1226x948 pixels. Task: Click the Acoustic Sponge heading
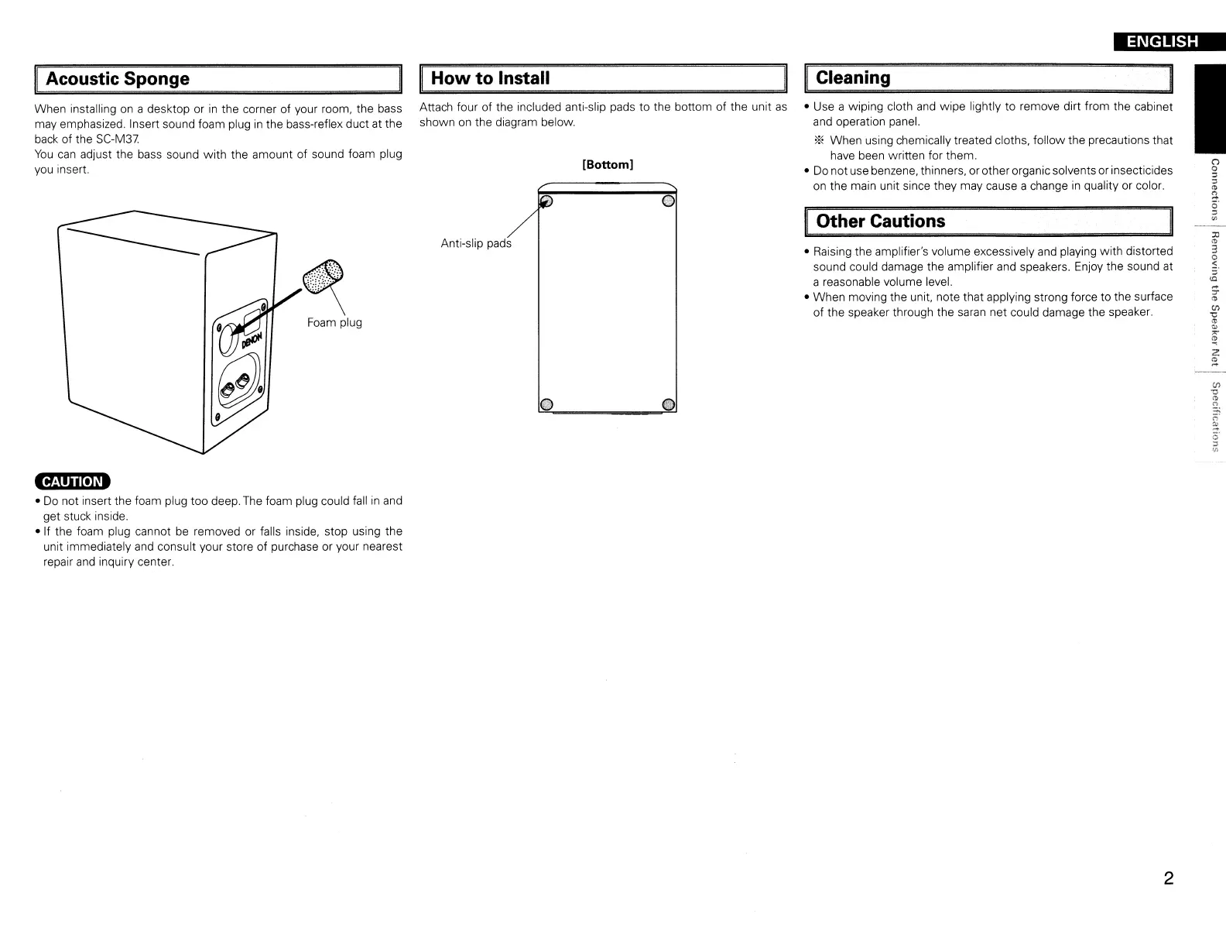(x=118, y=79)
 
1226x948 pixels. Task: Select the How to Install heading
(x=490, y=78)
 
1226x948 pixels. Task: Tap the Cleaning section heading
(x=853, y=77)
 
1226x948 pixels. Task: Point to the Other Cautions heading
(x=881, y=222)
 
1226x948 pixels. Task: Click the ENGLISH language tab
(x=1162, y=42)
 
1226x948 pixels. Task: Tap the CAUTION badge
(x=72, y=482)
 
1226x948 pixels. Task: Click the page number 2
(x=1169, y=878)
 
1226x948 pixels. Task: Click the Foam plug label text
(x=334, y=322)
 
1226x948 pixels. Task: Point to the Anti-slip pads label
(x=476, y=243)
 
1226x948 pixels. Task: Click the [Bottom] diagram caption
(x=608, y=164)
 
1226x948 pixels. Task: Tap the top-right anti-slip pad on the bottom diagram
(x=670, y=202)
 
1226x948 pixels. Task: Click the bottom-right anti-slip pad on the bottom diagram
(x=670, y=404)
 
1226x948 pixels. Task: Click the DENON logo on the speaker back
(x=252, y=339)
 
